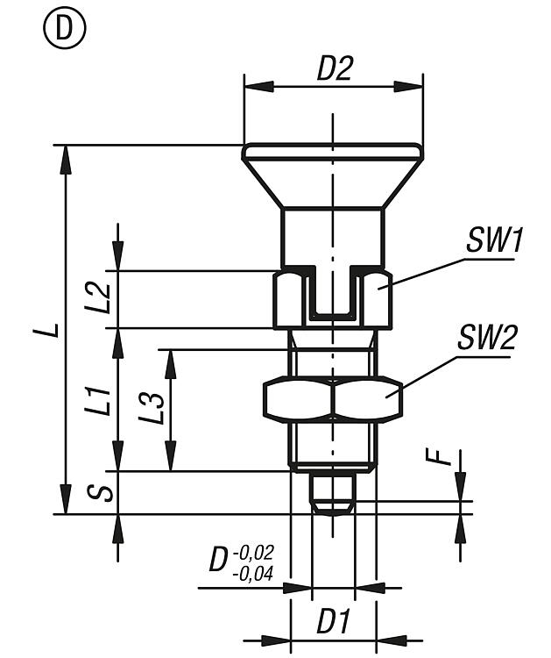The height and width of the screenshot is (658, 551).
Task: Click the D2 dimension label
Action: click(333, 69)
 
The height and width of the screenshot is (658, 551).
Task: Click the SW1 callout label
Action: click(493, 240)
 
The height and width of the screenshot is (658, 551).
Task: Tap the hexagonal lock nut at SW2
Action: click(332, 398)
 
